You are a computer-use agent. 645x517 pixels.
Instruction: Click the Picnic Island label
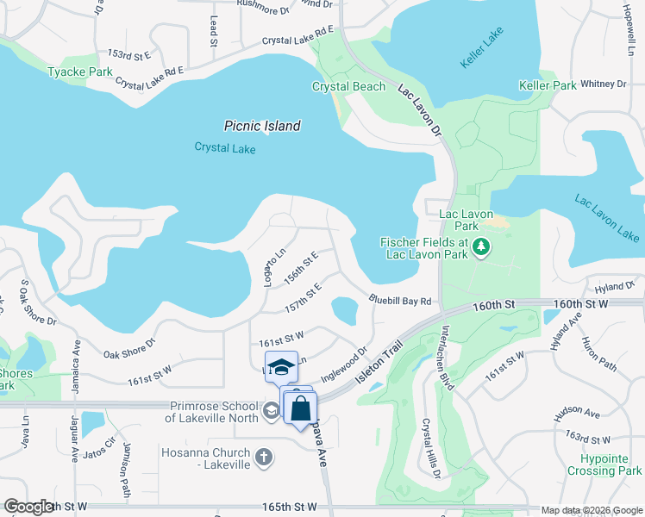tap(262, 126)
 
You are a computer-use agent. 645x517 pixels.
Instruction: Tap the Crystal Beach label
tap(348, 87)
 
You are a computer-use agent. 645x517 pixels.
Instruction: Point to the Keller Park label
tap(548, 86)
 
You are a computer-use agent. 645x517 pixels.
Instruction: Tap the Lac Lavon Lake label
tap(607, 219)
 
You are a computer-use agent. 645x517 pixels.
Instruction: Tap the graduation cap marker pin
tap(280, 369)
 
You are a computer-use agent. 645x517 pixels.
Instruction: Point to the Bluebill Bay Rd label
tap(400, 301)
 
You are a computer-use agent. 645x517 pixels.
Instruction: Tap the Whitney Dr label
tap(603, 84)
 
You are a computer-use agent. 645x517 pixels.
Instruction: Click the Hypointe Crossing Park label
tap(604, 465)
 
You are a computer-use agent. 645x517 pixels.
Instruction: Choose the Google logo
tap(28, 507)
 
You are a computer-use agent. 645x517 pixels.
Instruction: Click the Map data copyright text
tap(590, 510)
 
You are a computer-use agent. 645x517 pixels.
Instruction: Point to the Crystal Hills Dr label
tap(431, 449)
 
